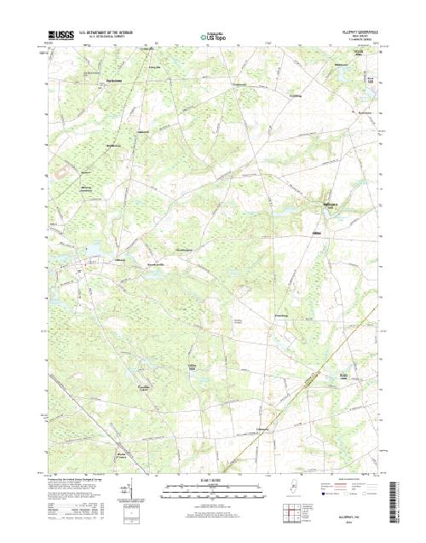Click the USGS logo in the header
pos(61,36)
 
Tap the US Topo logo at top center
pos(213,37)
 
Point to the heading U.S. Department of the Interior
pos(108,34)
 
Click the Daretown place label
pos(330,204)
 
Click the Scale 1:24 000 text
pos(213,481)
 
